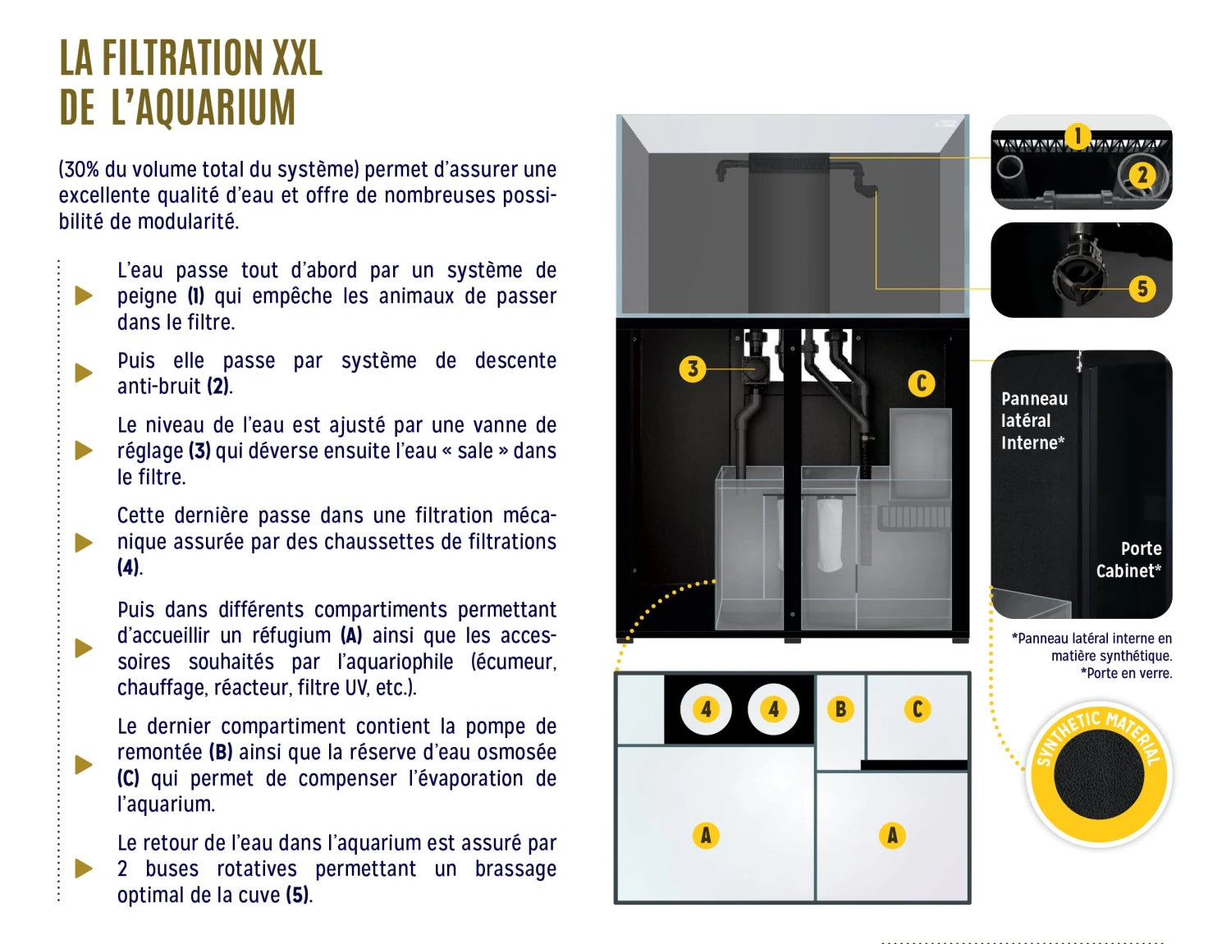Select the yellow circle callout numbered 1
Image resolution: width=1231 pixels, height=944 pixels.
coord(1078,136)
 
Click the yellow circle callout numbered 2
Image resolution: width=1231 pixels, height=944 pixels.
coord(1142,174)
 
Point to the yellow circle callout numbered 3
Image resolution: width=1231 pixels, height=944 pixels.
coord(693,369)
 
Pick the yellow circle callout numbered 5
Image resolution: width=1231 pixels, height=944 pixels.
coord(1142,288)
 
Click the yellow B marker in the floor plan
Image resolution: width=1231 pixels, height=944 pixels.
coord(840,709)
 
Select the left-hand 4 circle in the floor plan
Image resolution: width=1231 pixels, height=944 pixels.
coord(706,709)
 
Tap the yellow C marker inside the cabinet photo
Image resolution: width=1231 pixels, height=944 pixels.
coord(921,383)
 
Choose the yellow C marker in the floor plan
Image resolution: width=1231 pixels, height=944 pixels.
coord(917,709)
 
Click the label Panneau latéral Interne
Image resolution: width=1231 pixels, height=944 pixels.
coord(1034,421)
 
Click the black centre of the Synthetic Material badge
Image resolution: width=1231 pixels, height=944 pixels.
coord(1099,774)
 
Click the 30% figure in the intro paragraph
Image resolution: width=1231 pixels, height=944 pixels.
coord(80,170)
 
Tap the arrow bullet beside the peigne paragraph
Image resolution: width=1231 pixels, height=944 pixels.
coord(84,296)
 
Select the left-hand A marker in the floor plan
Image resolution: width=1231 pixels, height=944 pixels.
coord(706,836)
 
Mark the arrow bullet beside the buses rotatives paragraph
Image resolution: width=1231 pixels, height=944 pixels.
coord(84,868)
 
